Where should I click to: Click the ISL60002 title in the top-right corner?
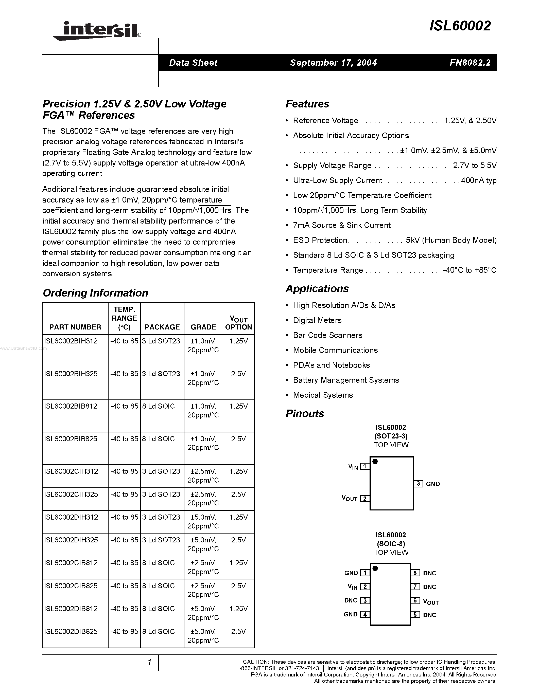pos(460,26)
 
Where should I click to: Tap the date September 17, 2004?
pos(333,63)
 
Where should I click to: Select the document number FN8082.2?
pos(470,63)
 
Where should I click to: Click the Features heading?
pos(307,104)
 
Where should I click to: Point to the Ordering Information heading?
pos(95,293)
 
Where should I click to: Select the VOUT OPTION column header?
pos(238,323)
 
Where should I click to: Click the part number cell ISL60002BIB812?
pos(71,406)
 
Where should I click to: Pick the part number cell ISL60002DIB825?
pos(71,631)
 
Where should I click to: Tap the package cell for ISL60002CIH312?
pos(161,471)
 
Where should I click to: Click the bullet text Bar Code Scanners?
pos(328,335)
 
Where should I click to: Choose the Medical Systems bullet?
pos(323,395)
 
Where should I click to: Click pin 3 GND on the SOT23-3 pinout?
pos(418,484)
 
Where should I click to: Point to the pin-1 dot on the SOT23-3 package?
pos(375,462)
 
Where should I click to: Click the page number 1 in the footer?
pos(149,662)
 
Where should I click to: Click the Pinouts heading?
pos(305,413)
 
